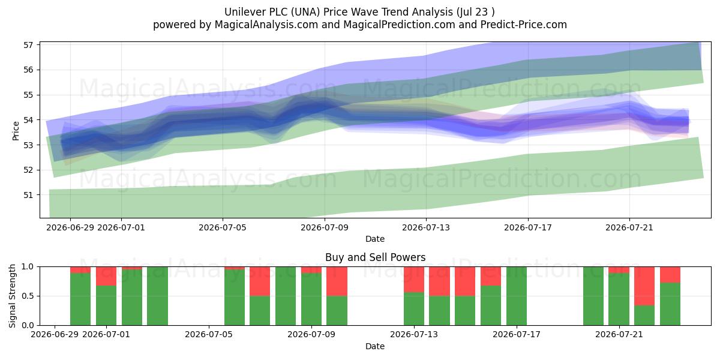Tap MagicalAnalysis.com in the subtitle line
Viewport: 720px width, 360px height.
pos(266,25)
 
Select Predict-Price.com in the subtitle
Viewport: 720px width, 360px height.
pos(524,25)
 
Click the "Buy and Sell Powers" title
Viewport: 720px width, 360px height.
pos(375,257)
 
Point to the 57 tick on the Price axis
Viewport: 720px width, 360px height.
pos(28,45)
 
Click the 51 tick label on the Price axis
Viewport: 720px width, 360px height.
pos(28,195)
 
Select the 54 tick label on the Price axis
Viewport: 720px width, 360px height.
pos(28,120)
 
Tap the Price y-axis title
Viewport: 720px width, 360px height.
pos(16,131)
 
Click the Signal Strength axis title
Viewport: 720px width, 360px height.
pos(12,296)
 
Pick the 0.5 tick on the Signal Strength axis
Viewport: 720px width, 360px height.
pos(28,296)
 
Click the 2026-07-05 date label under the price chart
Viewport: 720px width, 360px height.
pos(223,228)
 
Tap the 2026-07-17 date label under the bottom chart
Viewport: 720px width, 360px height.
pos(517,335)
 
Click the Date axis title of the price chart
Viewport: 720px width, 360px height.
pos(375,239)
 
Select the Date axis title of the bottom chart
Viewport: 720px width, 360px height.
pos(375,346)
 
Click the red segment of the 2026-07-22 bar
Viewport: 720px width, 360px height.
pos(644,286)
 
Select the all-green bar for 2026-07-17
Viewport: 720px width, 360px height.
pos(517,296)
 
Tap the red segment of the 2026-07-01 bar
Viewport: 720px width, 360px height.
pos(106,276)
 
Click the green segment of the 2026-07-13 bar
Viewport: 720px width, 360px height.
pos(414,309)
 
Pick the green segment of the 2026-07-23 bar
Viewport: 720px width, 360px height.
pos(670,304)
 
